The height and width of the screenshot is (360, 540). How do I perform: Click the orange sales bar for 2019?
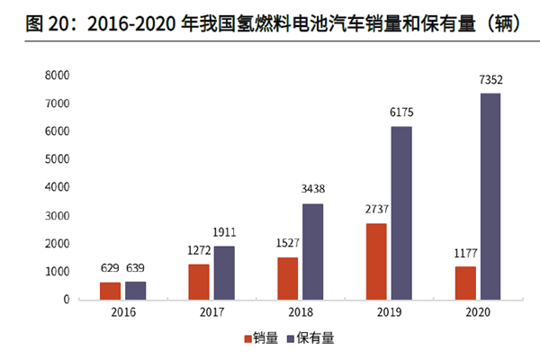[x=376, y=261]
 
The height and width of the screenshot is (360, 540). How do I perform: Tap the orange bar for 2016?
[x=110, y=290]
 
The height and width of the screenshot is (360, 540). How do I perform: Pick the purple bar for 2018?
[x=312, y=251]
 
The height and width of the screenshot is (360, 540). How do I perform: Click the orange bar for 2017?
[x=199, y=281]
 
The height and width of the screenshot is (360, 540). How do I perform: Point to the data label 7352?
[x=490, y=81]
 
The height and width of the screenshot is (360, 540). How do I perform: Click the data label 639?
[x=136, y=268]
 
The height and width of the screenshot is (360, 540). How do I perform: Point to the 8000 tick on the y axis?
[x=57, y=76]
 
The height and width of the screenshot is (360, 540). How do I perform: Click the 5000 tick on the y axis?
[x=57, y=160]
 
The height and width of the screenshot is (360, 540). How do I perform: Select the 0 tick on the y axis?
[x=66, y=299]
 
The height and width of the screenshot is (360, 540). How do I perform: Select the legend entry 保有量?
[x=310, y=339]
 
